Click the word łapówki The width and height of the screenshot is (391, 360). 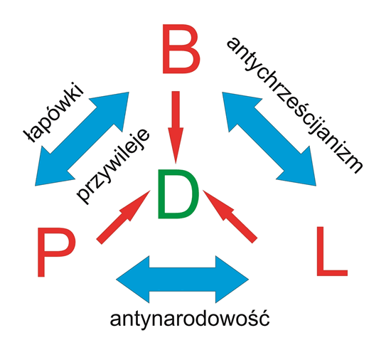(53, 112)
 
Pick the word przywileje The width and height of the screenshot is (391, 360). (113, 166)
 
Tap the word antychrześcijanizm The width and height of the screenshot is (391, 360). (294, 105)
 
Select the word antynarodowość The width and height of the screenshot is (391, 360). (190, 319)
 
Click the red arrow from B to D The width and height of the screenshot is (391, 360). (176, 127)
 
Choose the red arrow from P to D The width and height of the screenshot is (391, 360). (123, 217)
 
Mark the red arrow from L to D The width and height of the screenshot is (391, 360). (230, 216)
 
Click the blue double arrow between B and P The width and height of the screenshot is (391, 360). (82, 139)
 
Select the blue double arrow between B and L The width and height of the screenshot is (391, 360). (269, 139)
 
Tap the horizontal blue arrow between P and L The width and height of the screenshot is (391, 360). (182, 280)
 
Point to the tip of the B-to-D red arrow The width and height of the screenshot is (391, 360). (176, 164)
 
